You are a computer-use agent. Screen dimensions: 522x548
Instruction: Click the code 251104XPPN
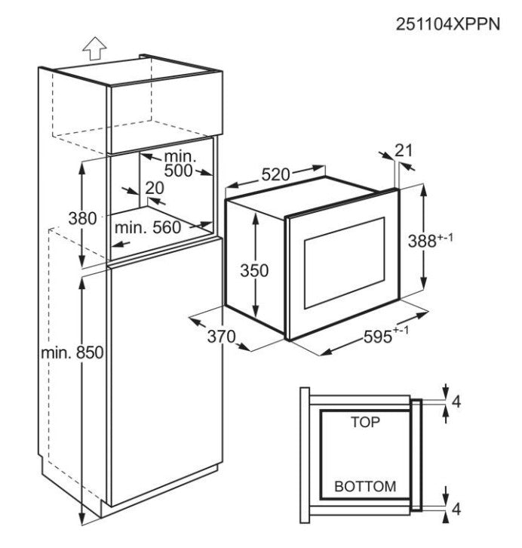point(448,24)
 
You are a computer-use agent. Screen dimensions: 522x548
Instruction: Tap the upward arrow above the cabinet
point(94,48)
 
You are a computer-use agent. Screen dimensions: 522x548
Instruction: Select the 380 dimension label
point(82,219)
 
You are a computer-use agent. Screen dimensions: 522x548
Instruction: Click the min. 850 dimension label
point(72,353)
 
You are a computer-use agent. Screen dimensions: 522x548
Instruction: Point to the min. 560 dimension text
point(148,227)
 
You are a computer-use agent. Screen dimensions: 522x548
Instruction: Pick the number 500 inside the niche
point(179,171)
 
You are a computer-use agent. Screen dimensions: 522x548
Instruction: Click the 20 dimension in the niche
point(155,188)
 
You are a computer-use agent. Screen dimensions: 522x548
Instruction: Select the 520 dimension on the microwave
point(276,174)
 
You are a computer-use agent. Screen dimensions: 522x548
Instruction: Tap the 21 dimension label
point(404,151)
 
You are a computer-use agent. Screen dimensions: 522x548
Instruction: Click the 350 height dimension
point(254,270)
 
